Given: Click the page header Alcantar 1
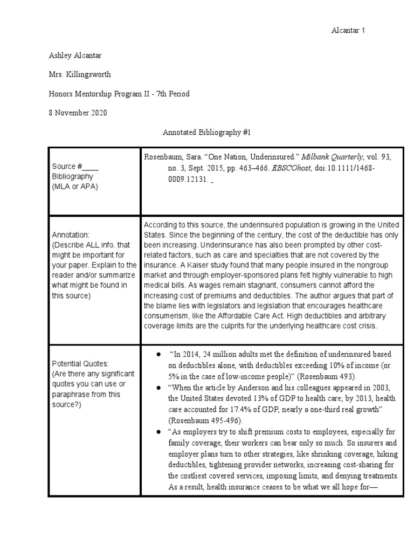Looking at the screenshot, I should [x=348, y=30].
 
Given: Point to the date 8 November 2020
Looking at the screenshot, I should [x=77, y=113].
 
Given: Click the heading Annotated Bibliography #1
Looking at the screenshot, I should [x=207, y=132].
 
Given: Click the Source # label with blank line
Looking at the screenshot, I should [x=75, y=167].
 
